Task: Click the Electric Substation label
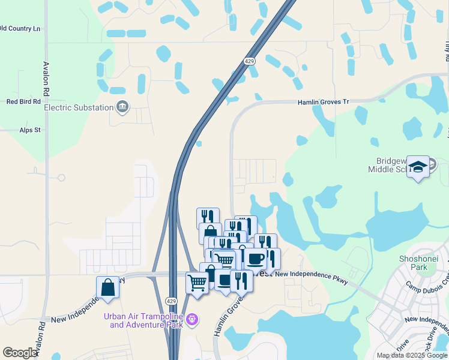[x=79, y=107]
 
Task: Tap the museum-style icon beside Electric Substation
[x=122, y=107]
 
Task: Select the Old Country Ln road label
[x=20, y=28]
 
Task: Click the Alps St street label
[x=29, y=130]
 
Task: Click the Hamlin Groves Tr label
[x=324, y=102]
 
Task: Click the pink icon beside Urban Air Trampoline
[x=192, y=320]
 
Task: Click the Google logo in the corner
[x=20, y=353]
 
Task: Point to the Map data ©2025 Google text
[x=411, y=355]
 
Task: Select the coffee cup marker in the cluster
[x=255, y=259]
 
